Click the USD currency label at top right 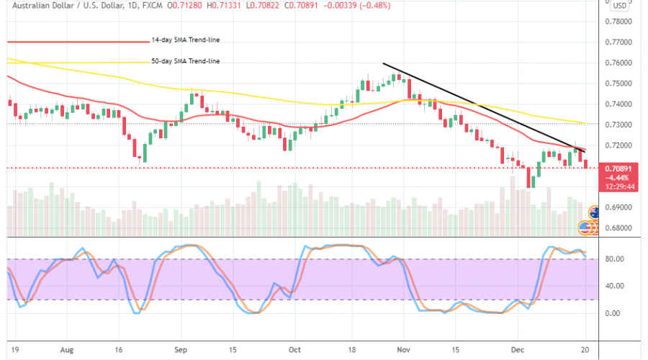(x=618, y=6)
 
